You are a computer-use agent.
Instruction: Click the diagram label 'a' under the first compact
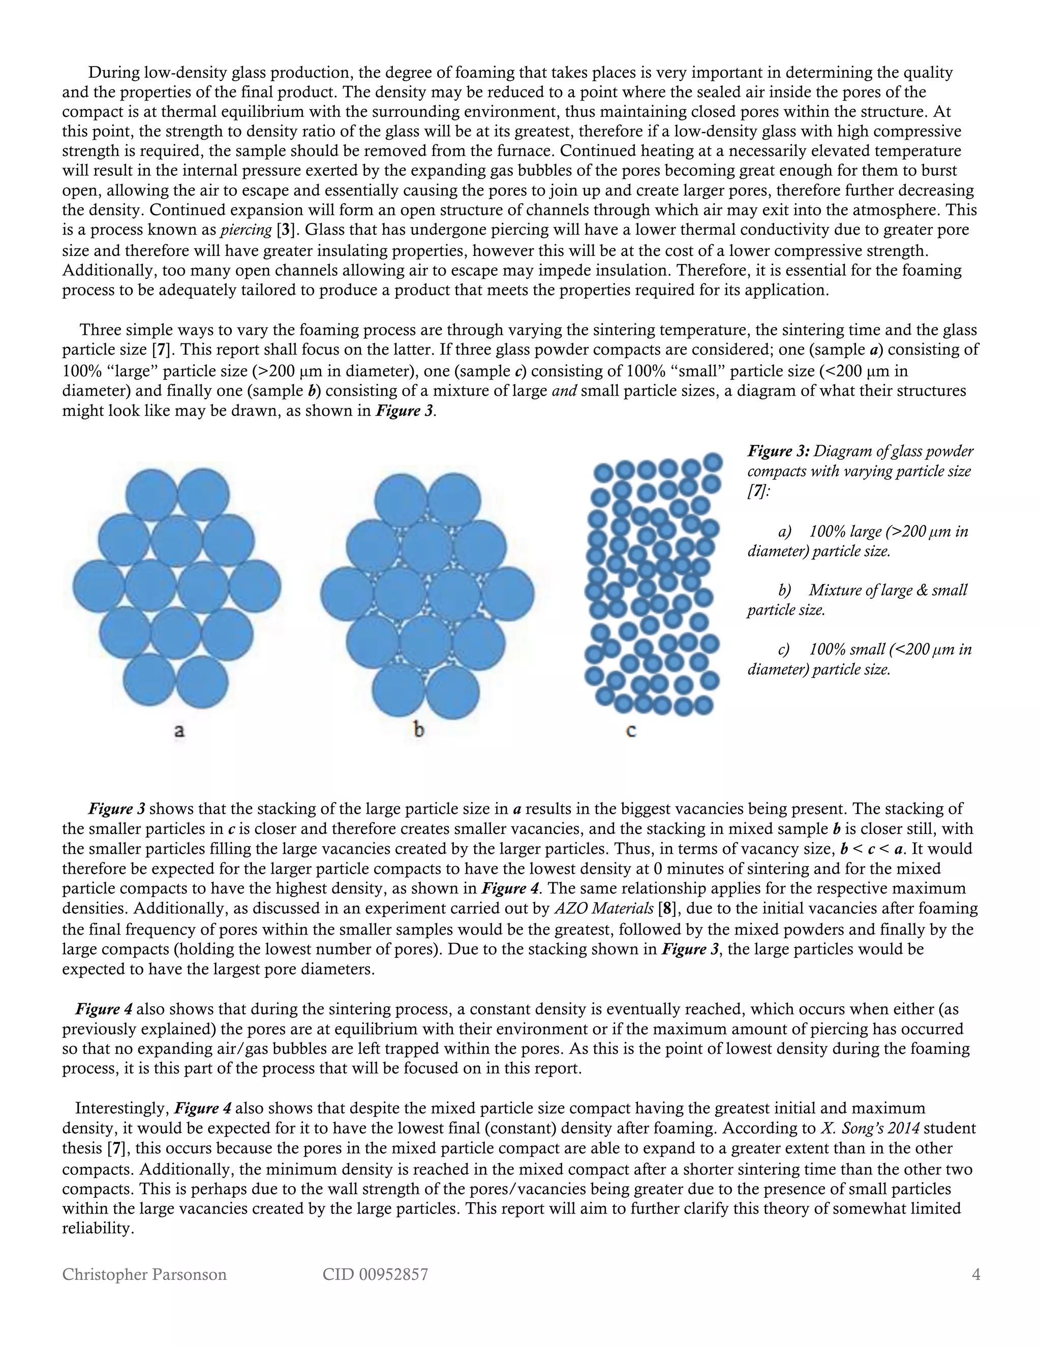coord(179,731)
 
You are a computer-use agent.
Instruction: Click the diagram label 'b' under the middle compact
coord(419,730)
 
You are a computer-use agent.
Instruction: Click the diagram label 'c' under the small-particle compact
coord(631,731)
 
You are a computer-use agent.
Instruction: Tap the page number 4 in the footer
coord(975,1274)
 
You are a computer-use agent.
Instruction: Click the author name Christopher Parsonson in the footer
coord(144,1274)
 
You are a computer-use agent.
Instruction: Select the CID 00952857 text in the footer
coord(375,1274)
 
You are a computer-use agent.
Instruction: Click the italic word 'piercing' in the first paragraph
coord(247,230)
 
